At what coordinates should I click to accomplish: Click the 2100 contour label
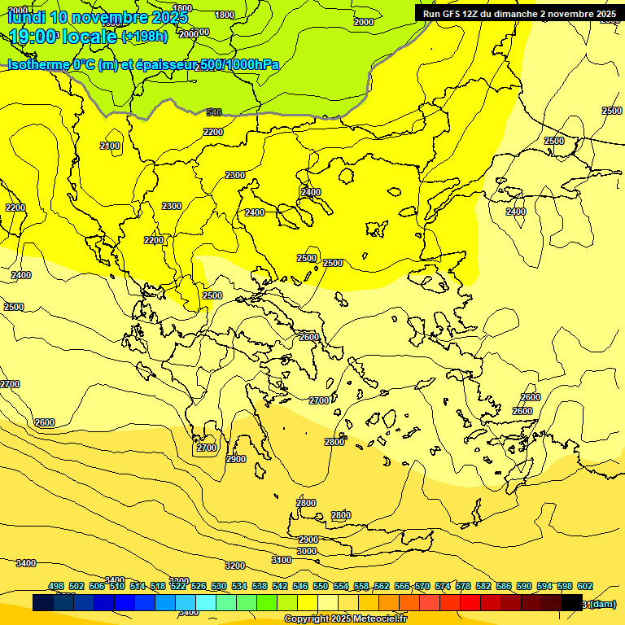[110, 146]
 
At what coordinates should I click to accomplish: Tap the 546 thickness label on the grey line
[214, 112]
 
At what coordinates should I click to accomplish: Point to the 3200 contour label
[235, 566]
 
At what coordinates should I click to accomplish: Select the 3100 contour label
[282, 560]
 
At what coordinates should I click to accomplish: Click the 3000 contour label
[307, 551]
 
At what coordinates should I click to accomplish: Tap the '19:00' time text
[33, 37]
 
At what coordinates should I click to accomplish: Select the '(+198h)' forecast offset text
[144, 37]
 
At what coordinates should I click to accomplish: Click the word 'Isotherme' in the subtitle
[37, 64]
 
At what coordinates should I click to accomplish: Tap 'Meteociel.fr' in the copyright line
[375, 619]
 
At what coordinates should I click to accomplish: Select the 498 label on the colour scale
[56, 586]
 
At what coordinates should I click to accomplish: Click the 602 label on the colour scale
[585, 586]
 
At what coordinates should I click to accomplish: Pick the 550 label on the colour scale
[321, 586]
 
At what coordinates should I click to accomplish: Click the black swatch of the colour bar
[572, 602]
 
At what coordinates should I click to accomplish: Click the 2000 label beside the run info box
[364, 22]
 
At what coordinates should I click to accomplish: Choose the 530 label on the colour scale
[219, 586]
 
